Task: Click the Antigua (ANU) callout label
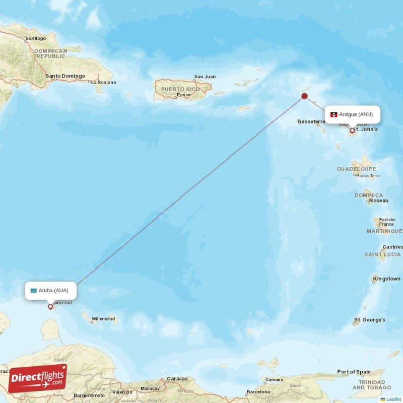[x=352, y=114]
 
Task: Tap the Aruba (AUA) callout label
[x=50, y=290]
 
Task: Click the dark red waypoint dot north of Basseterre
[x=304, y=96]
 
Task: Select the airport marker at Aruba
[x=50, y=306]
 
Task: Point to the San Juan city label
[x=205, y=77]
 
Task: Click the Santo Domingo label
[x=64, y=76]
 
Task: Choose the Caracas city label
[x=177, y=379]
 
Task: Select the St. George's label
[x=370, y=320]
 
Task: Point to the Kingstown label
[x=387, y=279]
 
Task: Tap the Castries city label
[x=393, y=247]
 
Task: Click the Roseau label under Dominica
[x=379, y=200]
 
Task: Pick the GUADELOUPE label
[x=357, y=169]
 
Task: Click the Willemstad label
[x=103, y=319]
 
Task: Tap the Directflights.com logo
[x=37, y=378]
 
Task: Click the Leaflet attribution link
[x=393, y=399]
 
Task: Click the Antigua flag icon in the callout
[x=333, y=115]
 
